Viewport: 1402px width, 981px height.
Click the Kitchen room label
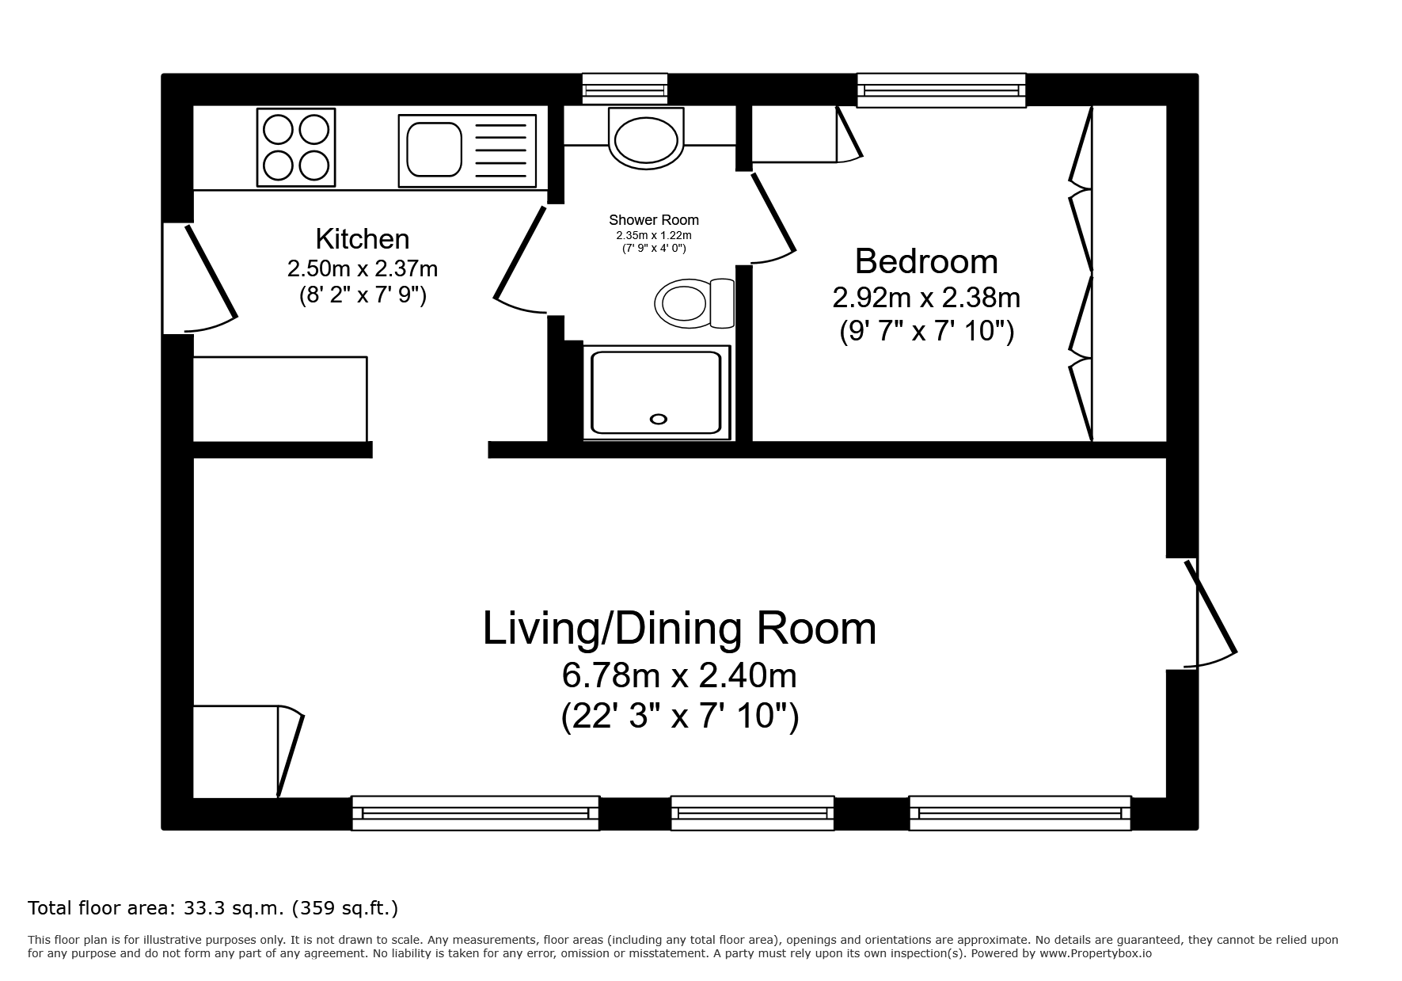363,239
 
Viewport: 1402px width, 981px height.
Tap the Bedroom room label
926,261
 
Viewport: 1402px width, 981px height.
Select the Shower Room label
654,220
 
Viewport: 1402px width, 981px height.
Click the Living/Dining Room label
680,629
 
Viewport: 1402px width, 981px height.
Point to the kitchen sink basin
434,150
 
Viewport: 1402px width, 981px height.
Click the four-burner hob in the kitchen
296,147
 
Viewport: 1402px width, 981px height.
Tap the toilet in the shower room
694,303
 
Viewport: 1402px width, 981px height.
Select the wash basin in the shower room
646,139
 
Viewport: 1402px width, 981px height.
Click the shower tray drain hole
658,420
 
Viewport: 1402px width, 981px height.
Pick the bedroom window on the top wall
941,90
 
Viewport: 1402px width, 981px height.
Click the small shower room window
625,89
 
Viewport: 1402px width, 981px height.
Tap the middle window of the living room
753,813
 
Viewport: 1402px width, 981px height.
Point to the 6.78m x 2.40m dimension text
679,676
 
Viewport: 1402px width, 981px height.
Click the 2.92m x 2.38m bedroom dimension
926,298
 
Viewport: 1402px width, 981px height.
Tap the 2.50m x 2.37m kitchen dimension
363,268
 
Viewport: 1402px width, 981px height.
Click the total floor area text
213,907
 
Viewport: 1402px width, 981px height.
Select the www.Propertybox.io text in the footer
1095,953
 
